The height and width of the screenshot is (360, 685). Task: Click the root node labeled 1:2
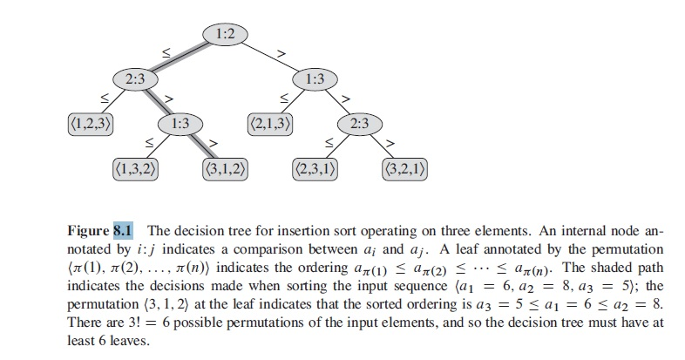(x=225, y=34)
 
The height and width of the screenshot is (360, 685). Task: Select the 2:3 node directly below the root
(x=134, y=79)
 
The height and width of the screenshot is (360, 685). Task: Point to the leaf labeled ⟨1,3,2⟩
(x=135, y=167)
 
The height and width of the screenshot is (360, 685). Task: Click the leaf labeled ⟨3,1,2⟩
(x=225, y=167)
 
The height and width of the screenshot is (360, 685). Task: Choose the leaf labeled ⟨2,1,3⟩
(x=270, y=123)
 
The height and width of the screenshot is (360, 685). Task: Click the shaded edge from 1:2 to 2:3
(x=179, y=57)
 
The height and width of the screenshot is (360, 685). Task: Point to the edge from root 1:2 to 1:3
(x=271, y=57)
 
